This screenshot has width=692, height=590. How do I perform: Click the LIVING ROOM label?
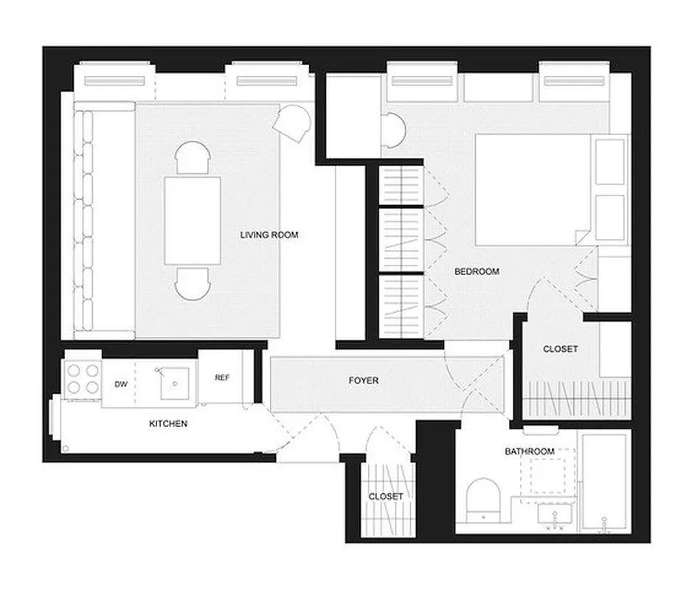(x=269, y=235)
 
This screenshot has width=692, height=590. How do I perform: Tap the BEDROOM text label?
(x=477, y=271)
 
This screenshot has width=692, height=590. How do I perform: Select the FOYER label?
(x=364, y=381)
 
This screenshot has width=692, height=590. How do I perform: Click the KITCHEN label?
(x=168, y=423)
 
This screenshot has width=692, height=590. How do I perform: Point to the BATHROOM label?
(x=529, y=451)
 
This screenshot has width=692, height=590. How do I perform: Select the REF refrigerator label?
(x=222, y=378)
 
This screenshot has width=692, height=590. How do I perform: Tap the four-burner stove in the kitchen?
(x=81, y=378)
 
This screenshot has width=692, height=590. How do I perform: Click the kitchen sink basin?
(x=173, y=381)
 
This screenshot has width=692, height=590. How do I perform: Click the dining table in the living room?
(x=193, y=220)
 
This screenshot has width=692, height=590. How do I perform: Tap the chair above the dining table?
(x=193, y=157)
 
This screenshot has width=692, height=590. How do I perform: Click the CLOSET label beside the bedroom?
(x=560, y=349)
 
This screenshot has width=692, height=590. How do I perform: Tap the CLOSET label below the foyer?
(x=386, y=496)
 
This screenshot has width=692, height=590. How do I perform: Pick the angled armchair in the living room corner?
(x=295, y=121)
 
